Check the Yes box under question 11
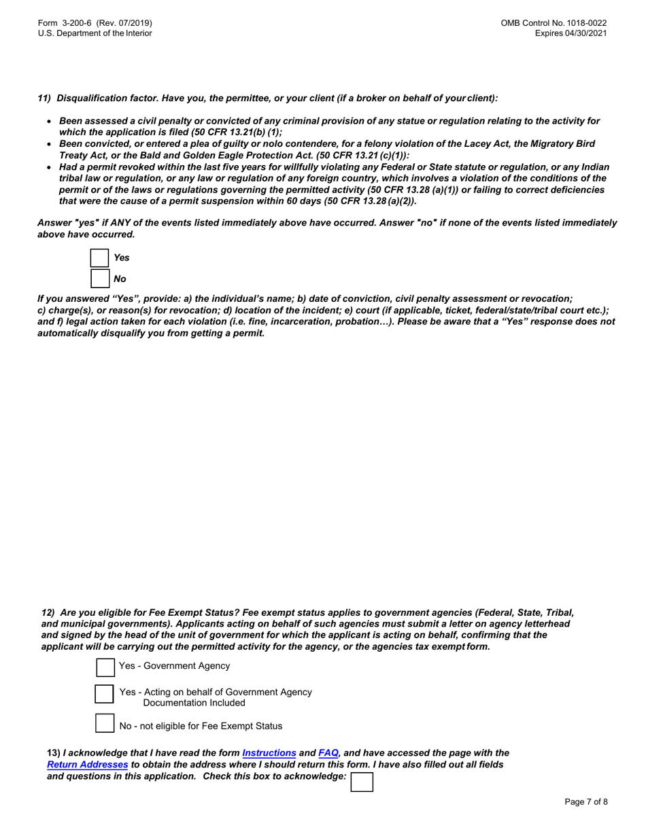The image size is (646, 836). coord(100,258)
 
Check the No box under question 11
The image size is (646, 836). coord(100,279)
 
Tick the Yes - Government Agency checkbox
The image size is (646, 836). coord(105,667)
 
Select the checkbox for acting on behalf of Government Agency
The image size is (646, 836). coord(104,694)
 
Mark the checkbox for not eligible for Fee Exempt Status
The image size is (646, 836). coord(104,723)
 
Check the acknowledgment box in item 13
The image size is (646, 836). coord(361,782)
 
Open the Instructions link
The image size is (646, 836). coord(269,753)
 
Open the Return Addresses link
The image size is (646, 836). coord(87,765)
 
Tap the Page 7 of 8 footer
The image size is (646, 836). coord(586,802)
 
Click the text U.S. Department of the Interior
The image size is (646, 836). coord(95,33)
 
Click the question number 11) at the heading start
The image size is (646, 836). coord(44,99)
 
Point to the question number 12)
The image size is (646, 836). coord(49,612)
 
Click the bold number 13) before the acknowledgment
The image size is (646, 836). coord(53,753)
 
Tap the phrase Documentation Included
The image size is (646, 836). coord(194,703)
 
